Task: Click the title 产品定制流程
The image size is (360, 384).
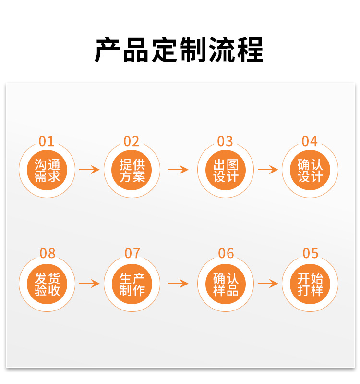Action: (179, 50)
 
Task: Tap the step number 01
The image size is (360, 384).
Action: (47, 141)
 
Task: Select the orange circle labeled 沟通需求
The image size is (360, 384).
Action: (47, 170)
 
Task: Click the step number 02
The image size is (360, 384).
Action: (132, 141)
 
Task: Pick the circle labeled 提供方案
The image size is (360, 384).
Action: (132, 170)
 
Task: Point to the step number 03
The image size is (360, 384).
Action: (225, 141)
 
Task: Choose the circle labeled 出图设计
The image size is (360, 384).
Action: (226, 170)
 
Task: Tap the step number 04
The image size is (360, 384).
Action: (310, 141)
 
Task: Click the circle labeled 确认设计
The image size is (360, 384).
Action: (310, 170)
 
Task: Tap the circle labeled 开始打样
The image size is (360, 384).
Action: (310, 284)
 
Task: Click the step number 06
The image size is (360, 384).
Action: (226, 253)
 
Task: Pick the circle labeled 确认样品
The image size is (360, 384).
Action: (226, 284)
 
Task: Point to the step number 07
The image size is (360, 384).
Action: (132, 253)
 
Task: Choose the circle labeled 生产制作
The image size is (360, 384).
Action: (132, 284)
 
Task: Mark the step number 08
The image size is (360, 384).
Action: (47, 253)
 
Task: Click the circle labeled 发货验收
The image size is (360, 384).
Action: (47, 284)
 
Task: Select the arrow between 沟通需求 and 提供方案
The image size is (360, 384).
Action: (89, 170)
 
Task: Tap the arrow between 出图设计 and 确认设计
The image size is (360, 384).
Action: (268, 170)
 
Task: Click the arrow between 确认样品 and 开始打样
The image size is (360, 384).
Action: (268, 284)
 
